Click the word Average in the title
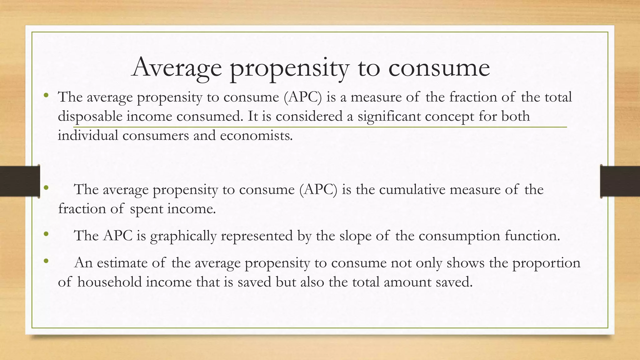point(177,67)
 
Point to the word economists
point(256,136)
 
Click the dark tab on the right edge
point(620,181)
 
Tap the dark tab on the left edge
point(20,181)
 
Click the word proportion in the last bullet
point(546,263)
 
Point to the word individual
point(88,136)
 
